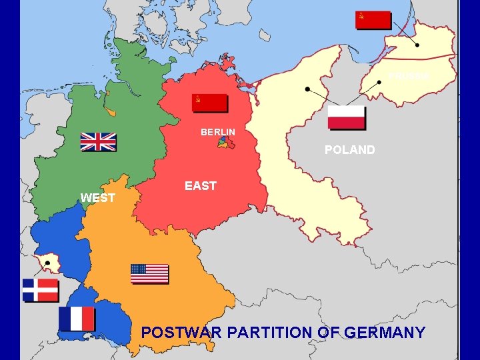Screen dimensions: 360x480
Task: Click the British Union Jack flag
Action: click(x=98, y=142)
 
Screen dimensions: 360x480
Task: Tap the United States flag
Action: click(x=149, y=273)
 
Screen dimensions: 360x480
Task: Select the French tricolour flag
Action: click(x=77, y=319)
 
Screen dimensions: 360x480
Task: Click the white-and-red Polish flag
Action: click(x=346, y=117)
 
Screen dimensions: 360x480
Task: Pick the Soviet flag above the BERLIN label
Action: click(x=209, y=103)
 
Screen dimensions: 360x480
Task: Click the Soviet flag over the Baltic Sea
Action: click(x=373, y=19)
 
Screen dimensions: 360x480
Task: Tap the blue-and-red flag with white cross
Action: click(x=40, y=290)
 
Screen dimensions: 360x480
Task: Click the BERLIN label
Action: click(x=218, y=132)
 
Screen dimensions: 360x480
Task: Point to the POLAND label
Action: click(x=349, y=150)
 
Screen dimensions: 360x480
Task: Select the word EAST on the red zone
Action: click(x=201, y=186)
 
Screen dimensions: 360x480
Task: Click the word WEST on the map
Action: click(x=97, y=198)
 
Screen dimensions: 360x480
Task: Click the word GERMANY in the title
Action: click(x=387, y=332)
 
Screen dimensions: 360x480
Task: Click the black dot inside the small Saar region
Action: click(x=47, y=263)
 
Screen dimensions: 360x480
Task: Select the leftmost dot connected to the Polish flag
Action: click(x=307, y=89)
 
